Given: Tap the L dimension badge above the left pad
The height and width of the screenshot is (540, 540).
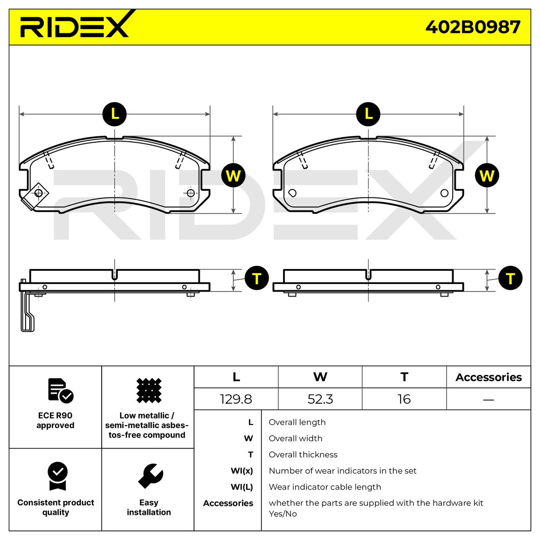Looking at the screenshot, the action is pyautogui.click(x=115, y=114).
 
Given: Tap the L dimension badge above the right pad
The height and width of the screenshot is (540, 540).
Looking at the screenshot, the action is pyautogui.click(x=368, y=114).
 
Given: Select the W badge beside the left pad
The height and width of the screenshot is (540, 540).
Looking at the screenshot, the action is pyautogui.click(x=233, y=175).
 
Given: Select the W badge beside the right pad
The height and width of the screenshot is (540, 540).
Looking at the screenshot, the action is pyautogui.click(x=487, y=175).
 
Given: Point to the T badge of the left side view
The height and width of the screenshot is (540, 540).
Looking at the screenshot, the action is pyautogui.click(x=256, y=279).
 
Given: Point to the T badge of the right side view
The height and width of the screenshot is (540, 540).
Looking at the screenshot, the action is pyautogui.click(x=510, y=279).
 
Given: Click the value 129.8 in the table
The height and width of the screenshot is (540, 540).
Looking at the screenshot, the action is pyautogui.click(x=236, y=399).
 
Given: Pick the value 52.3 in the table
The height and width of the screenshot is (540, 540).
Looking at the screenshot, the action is pyautogui.click(x=320, y=399).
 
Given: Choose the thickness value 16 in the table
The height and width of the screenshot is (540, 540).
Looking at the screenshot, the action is pyautogui.click(x=404, y=399).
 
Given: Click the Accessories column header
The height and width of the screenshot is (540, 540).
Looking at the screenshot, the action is pyautogui.click(x=488, y=377).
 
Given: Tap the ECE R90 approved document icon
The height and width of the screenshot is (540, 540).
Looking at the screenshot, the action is pyautogui.click(x=60, y=390).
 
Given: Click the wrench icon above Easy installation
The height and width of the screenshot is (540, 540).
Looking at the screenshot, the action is pyautogui.click(x=150, y=476).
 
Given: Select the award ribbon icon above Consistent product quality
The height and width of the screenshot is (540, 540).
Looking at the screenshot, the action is pyautogui.click(x=57, y=476).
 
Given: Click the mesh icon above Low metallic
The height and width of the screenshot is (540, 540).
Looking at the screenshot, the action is pyautogui.click(x=148, y=390).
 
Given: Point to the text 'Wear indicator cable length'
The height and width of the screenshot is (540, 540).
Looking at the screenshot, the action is pyautogui.click(x=324, y=487).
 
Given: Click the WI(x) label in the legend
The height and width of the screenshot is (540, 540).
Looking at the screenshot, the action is pyautogui.click(x=242, y=471).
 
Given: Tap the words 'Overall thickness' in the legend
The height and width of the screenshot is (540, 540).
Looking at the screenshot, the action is pyautogui.click(x=303, y=454).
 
